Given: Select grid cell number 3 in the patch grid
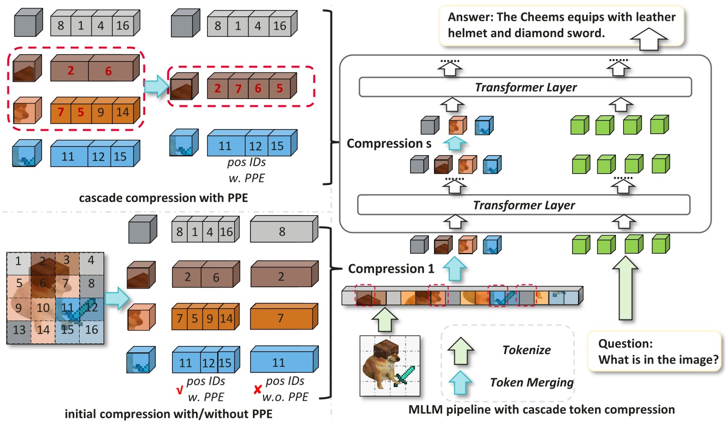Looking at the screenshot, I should coord(66,260).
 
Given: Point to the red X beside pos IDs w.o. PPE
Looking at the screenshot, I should coord(258,390).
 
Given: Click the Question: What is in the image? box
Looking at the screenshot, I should coord(658,352).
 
